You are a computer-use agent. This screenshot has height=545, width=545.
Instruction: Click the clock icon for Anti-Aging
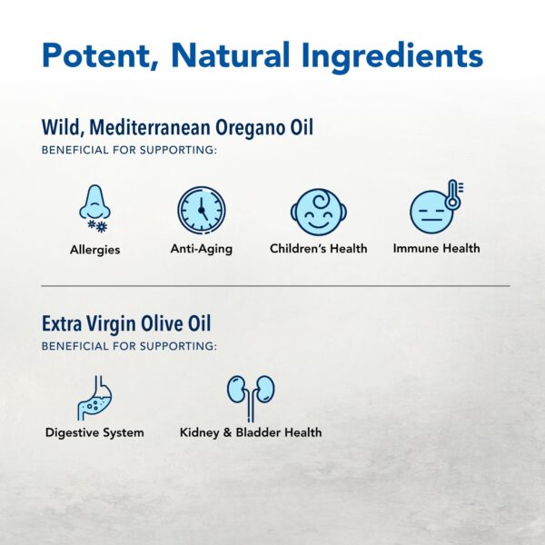201,210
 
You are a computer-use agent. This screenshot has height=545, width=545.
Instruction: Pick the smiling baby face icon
318,212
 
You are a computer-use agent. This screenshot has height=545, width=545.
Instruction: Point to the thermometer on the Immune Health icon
452,195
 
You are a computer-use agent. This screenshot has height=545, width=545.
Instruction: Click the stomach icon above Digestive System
94,396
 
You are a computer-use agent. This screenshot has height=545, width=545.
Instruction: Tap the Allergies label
94,249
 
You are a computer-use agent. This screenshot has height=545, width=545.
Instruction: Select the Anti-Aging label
201,249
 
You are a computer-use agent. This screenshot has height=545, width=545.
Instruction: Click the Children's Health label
318,248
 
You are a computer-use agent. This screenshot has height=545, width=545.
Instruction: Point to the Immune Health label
436,248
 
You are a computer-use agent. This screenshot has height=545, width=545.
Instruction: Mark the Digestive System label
94,432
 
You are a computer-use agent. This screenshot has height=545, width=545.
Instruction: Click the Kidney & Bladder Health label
250,432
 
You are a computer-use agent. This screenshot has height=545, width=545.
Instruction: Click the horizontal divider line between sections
272,286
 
